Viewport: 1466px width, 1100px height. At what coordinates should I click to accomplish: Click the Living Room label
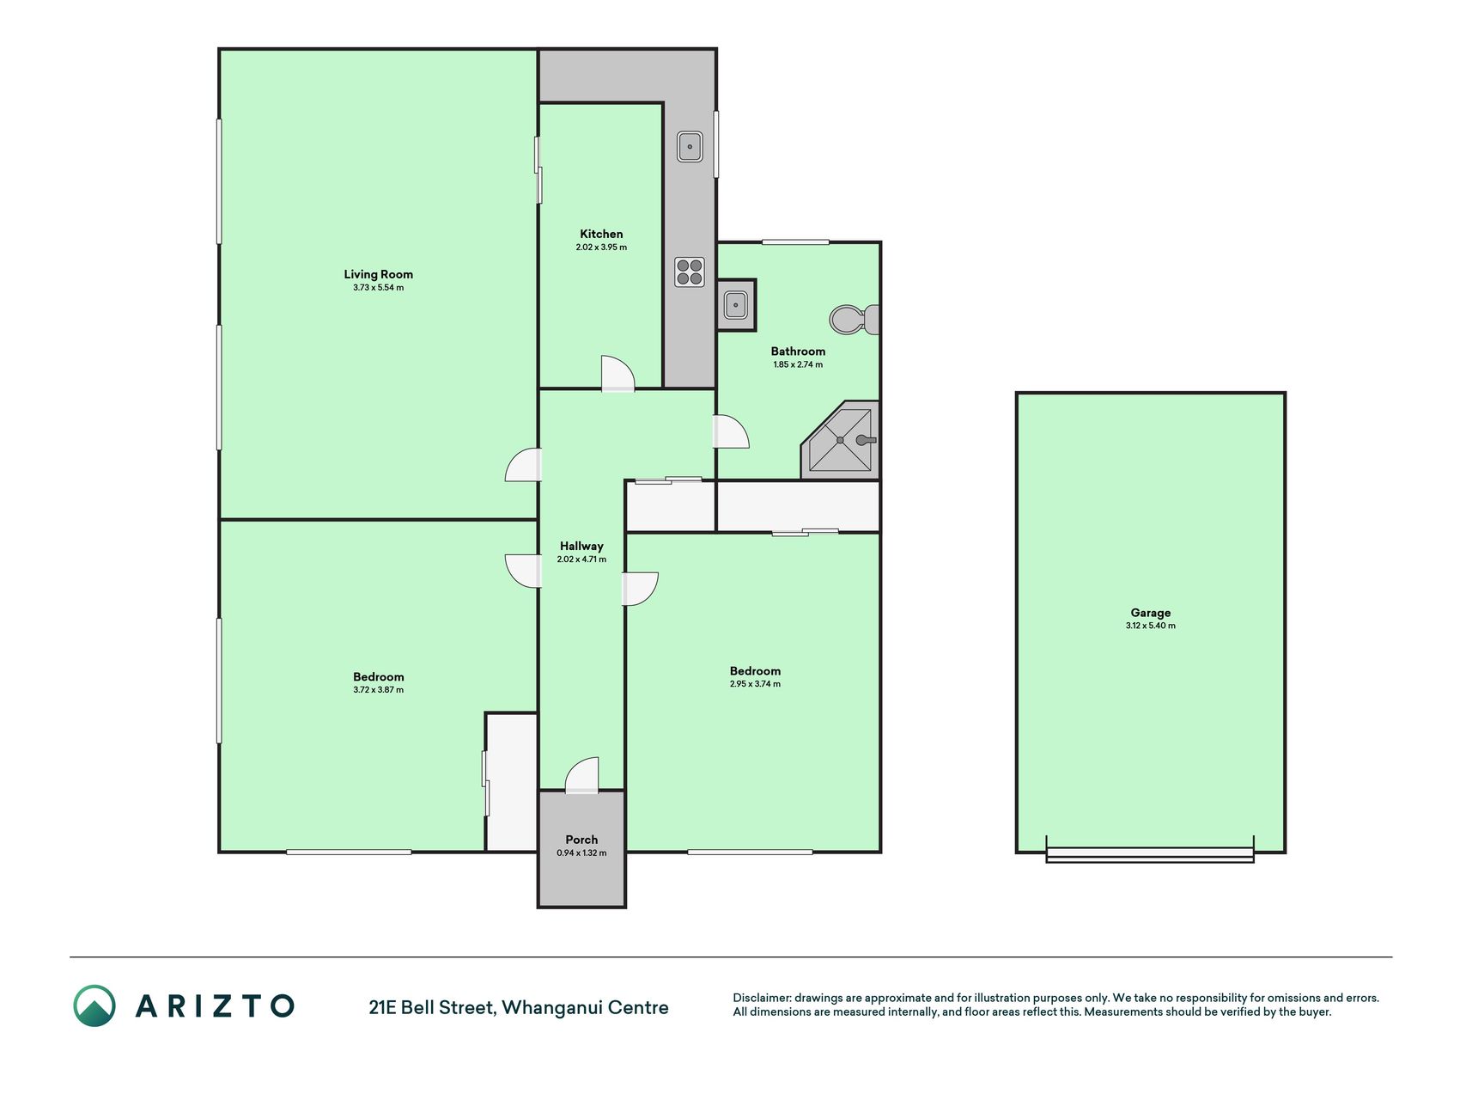coord(378,274)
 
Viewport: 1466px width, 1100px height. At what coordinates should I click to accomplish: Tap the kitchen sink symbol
coord(690,147)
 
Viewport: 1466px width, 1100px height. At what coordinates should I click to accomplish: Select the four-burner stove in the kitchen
coord(690,272)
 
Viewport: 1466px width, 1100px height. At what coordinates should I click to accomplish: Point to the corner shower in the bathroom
coord(841,439)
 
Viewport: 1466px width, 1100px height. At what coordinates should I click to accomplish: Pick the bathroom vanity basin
coord(736,305)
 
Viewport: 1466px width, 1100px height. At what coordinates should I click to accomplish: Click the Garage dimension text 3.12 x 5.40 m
coord(1150,626)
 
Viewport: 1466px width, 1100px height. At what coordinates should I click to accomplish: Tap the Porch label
coord(581,840)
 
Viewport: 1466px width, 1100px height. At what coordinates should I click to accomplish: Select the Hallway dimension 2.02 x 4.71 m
coord(581,559)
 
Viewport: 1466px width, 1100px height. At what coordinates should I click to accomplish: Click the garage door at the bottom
coord(1150,854)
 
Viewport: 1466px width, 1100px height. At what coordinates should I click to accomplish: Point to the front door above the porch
coord(581,775)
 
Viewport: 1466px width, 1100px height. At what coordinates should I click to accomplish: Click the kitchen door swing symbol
coord(617,374)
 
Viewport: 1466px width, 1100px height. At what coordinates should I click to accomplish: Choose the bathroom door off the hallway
coord(731,431)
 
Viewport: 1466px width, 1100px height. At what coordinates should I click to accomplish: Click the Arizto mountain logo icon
coord(94,1005)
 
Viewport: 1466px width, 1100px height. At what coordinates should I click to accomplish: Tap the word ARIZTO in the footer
coord(215,1005)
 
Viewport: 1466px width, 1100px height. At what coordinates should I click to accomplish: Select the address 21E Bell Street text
coord(430,1007)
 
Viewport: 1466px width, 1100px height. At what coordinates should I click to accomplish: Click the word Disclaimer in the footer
coord(761,999)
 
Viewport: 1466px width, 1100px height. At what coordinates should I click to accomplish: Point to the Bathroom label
coord(798,351)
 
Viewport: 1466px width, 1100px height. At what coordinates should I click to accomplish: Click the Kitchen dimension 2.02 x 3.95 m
coord(601,247)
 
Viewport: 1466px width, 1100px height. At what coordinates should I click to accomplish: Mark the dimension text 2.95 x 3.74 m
coord(755,684)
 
